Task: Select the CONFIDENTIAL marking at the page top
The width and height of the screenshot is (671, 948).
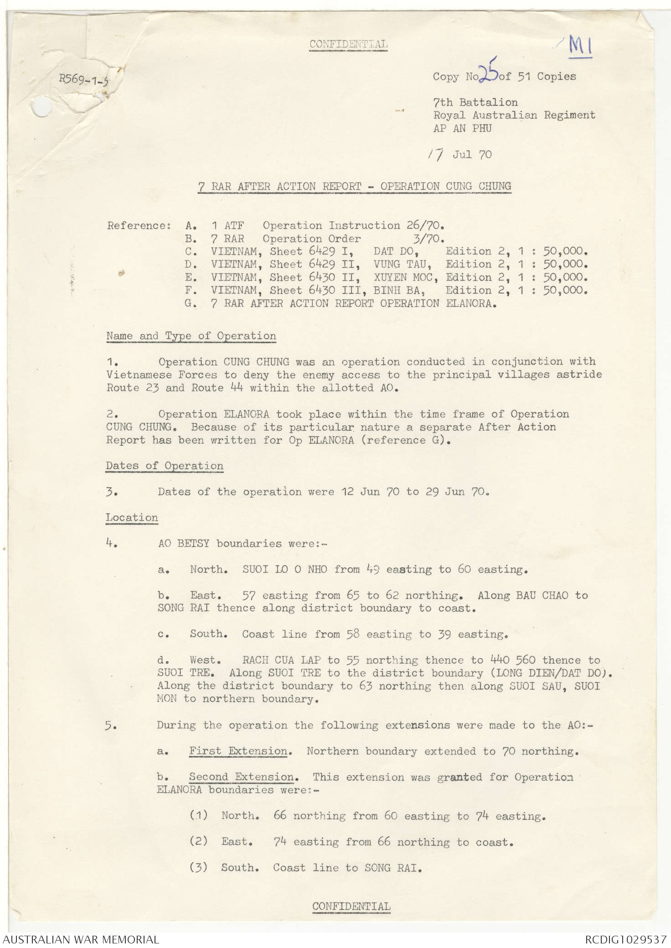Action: click(x=348, y=44)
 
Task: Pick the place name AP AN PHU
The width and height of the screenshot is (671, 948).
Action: click(x=462, y=128)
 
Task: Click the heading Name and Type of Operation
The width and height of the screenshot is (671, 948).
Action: click(x=191, y=336)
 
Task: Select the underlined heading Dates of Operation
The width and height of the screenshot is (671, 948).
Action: click(x=165, y=466)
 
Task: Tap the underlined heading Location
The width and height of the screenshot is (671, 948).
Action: click(x=132, y=518)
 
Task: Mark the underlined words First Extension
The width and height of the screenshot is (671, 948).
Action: click(x=238, y=751)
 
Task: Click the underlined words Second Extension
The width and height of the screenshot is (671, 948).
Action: click(x=242, y=777)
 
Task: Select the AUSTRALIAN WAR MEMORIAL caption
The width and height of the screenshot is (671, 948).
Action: click(x=81, y=939)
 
